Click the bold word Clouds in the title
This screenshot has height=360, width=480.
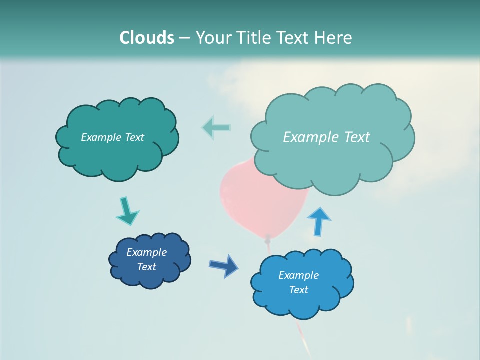(147, 38)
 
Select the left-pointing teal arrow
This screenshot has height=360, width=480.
(216, 127)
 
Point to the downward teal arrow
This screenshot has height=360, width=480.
(127, 212)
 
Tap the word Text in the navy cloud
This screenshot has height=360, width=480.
(146, 267)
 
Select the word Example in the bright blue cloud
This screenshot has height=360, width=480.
(298, 275)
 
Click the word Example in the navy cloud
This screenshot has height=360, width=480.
(146, 252)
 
